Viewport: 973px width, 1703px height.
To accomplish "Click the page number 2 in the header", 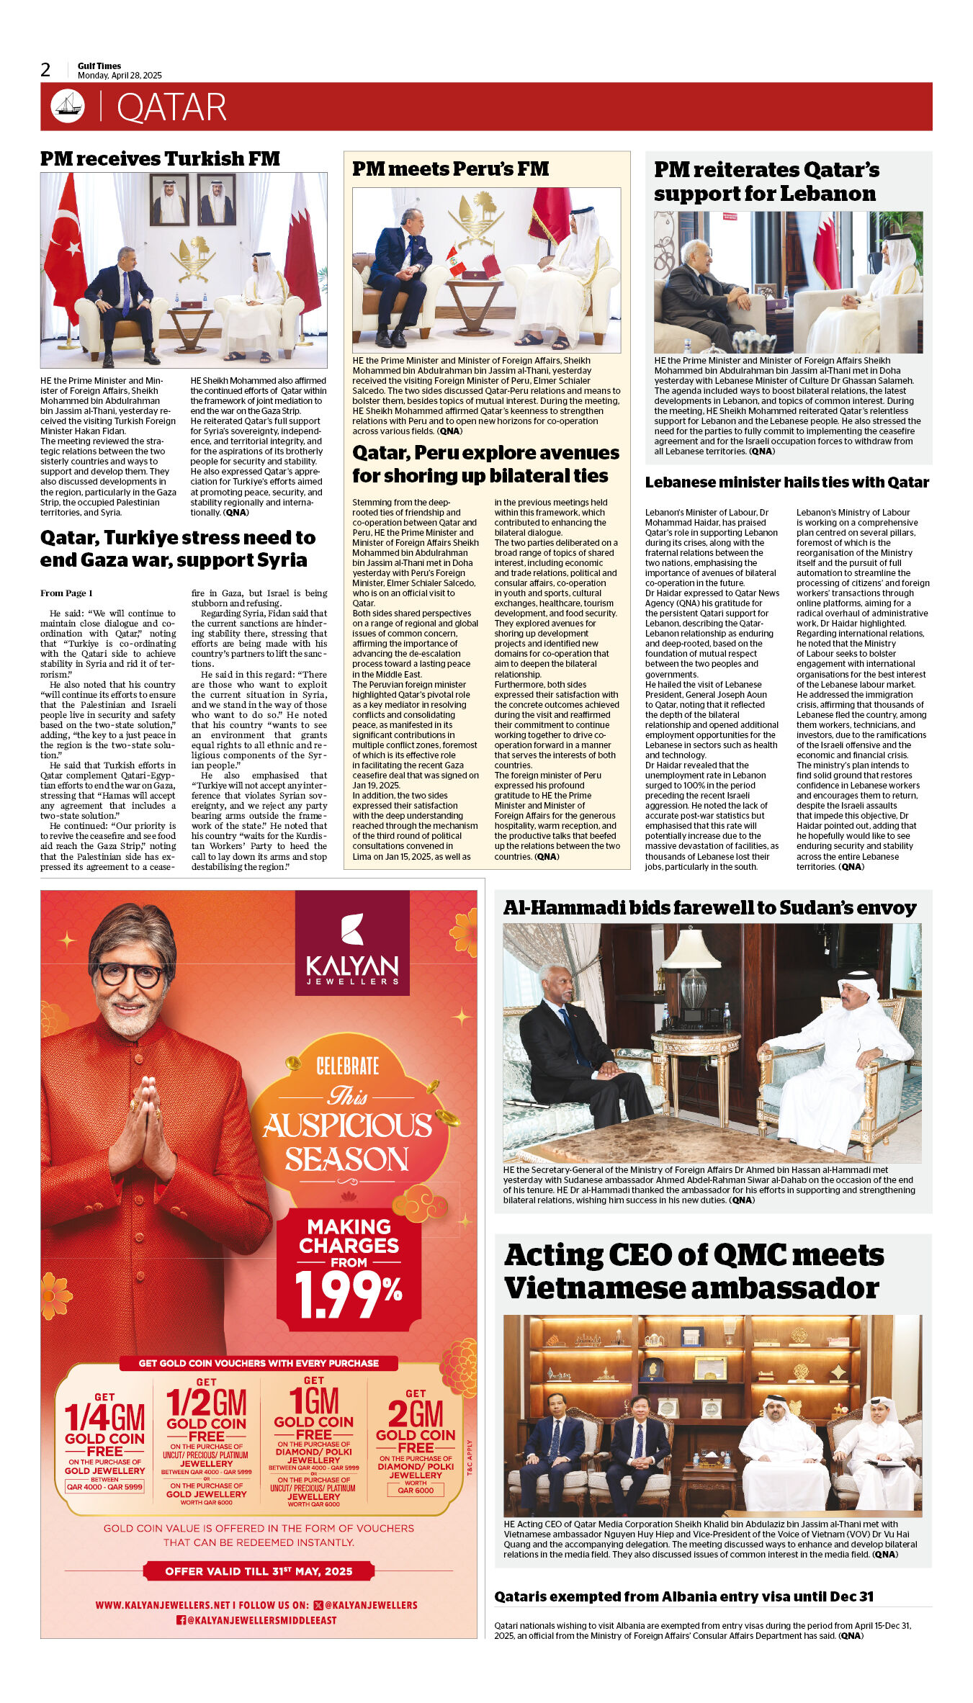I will coord(46,70).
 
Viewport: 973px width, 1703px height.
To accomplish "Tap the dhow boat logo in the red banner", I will coord(68,106).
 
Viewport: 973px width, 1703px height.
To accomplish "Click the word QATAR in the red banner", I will coord(171,107).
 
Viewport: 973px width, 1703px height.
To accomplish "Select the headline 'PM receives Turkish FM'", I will coord(160,158).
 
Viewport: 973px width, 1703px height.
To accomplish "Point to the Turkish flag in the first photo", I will coord(64,245).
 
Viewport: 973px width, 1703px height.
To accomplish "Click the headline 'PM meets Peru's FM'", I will coord(450,168).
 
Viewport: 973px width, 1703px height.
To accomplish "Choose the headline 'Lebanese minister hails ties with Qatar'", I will coord(786,482).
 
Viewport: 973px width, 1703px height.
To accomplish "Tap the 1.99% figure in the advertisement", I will coord(349,1295).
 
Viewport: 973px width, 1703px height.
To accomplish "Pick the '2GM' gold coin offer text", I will coord(416,1414).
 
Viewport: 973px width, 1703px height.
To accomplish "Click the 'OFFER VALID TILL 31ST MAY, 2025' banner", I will coord(259,1571).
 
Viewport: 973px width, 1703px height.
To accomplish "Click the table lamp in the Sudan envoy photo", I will coord(692,972).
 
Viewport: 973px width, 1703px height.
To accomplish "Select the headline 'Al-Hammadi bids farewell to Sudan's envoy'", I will coord(709,908).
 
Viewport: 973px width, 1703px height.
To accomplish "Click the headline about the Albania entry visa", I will coord(683,1596).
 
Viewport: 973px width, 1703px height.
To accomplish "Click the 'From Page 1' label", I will coord(66,593).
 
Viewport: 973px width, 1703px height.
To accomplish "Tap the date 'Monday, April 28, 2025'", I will coord(120,76).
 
